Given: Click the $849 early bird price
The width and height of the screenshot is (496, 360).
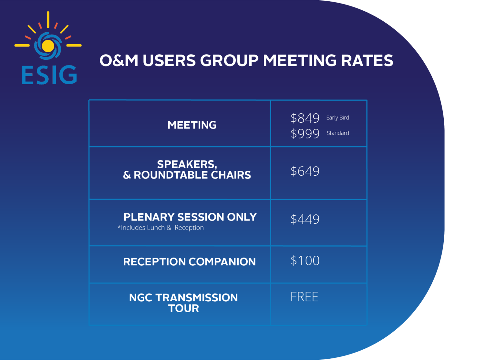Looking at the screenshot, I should coord(305,118).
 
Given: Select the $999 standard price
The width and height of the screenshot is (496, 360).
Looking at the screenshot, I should coord(305,133).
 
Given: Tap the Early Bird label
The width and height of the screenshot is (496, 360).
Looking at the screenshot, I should coord(337,118).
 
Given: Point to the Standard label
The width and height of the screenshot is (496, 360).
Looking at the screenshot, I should coord(338,133).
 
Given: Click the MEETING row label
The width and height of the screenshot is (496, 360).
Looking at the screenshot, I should coord(192,125).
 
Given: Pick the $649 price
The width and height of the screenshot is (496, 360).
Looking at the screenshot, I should coord(305,171).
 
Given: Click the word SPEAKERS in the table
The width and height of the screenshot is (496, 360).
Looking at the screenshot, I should coord(187,164).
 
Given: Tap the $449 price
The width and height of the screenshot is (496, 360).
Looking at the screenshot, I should coord(305,219).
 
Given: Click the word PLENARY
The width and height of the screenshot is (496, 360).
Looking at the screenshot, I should coord(149,217).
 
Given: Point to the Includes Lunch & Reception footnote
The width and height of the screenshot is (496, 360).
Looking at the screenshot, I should coord(161,228).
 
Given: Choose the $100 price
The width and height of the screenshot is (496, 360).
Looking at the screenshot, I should coord(305,261).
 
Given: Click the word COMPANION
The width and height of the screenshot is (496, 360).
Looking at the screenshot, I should coord(222,262).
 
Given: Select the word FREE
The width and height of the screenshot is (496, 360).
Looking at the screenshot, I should coord(304,297).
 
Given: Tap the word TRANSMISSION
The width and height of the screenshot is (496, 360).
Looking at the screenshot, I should coord(196,298).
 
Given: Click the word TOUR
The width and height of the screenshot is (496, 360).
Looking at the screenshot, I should coord(183,308).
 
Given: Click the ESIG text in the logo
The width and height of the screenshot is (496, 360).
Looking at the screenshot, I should coord(49,75).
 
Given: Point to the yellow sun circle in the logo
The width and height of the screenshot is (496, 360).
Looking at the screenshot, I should coord(48,46).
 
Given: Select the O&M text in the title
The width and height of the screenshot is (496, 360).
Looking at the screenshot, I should coord(119,61).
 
